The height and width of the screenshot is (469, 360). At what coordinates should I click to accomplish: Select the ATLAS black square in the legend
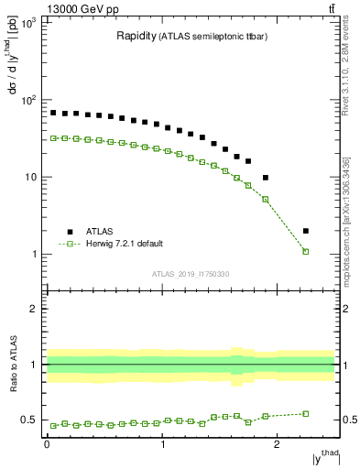coord(70,232)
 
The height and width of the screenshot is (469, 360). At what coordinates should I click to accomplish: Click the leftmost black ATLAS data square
coord(53,113)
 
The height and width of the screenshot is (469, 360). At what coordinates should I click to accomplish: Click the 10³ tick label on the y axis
coord(27,22)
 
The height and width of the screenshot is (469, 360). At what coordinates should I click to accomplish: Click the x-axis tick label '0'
coord(47,446)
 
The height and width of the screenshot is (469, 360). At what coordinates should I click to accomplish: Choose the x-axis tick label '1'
coord(162,446)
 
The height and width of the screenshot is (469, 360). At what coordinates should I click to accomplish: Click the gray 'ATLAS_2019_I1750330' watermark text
coord(190,274)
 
